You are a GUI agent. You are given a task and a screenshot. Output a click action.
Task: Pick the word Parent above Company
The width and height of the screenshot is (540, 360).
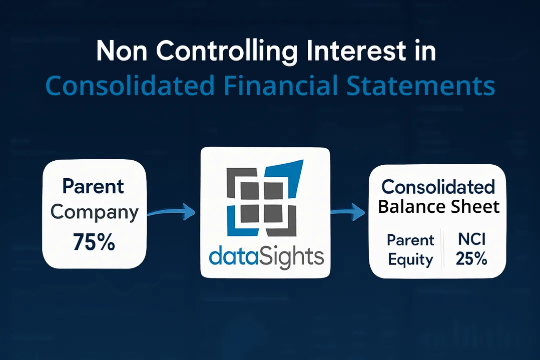point(94,186)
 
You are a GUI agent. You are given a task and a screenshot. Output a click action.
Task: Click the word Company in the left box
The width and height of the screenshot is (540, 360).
point(95,212)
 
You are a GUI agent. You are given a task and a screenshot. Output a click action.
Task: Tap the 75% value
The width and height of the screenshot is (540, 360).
point(94,242)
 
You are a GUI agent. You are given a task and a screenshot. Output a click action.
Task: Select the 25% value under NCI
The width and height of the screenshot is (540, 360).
point(472,259)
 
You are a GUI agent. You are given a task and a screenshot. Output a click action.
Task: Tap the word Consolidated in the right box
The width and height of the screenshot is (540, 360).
point(438,187)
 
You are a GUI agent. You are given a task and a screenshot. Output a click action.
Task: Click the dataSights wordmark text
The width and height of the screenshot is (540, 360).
point(266,256)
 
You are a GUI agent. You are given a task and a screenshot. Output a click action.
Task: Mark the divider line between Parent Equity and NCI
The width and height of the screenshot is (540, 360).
point(441,249)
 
